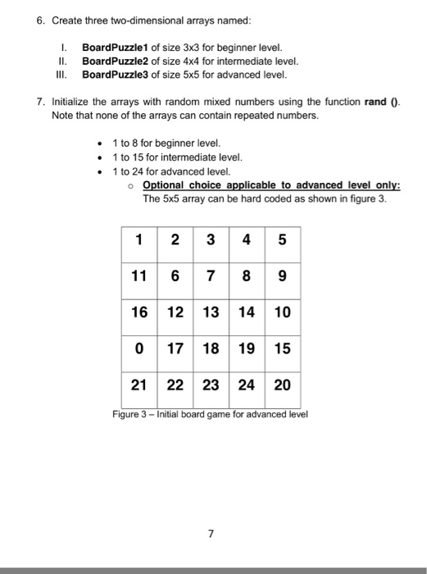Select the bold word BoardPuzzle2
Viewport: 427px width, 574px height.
click(115, 61)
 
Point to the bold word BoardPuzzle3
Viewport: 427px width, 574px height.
click(115, 74)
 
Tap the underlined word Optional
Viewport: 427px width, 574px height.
click(164, 185)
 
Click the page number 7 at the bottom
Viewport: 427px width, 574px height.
click(211, 534)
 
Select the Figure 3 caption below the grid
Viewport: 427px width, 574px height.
click(210, 413)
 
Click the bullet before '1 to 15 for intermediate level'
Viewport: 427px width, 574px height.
click(100, 157)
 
